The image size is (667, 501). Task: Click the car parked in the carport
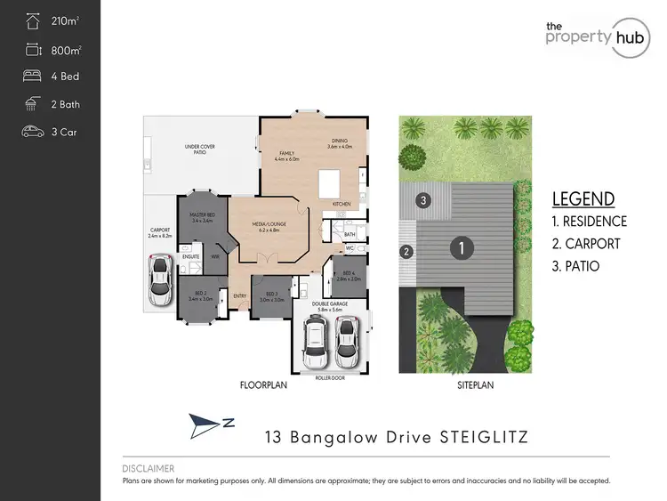[160, 280]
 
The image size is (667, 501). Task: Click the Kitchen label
[342, 205]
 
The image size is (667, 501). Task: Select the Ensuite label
[190, 257]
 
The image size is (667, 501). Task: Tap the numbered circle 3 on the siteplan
[424, 200]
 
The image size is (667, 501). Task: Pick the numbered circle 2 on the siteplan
[407, 252]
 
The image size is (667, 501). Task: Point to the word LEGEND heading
[583, 198]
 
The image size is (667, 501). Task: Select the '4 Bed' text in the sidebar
[64, 77]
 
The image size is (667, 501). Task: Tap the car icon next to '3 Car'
[33, 132]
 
